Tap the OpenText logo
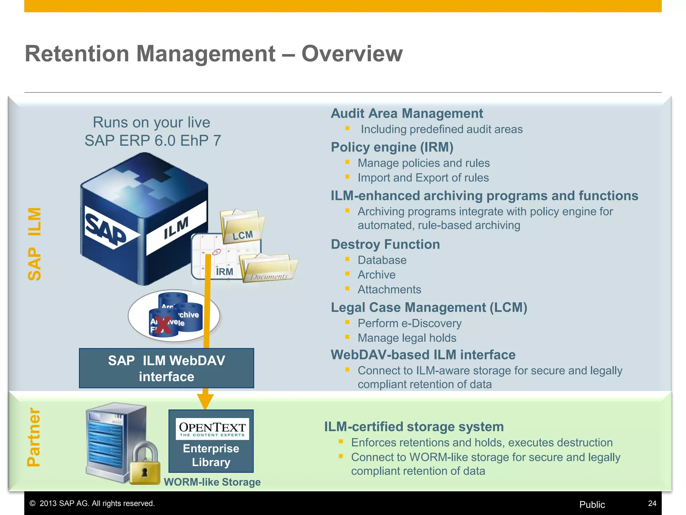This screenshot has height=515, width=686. click(212, 429)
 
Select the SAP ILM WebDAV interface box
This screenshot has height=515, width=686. click(166, 368)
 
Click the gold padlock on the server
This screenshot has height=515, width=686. click(145, 464)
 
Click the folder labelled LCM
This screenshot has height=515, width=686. click(242, 225)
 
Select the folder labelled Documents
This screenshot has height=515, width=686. click(269, 268)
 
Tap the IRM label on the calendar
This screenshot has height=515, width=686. click(224, 272)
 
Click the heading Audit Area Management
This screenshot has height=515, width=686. click(407, 113)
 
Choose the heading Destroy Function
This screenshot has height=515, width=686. click(385, 244)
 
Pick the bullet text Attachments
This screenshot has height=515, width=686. click(389, 289)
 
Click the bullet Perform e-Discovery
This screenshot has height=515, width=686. click(409, 323)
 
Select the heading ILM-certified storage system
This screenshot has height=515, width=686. click(414, 427)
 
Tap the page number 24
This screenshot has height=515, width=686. click(652, 503)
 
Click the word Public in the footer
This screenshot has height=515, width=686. click(592, 505)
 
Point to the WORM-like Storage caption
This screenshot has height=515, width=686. click(212, 482)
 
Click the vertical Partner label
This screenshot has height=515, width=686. click(34, 437)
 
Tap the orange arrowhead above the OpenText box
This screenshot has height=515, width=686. click(205, 401)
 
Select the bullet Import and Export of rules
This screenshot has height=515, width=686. click(423, 178)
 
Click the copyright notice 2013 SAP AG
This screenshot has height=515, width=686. click(92, 503)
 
